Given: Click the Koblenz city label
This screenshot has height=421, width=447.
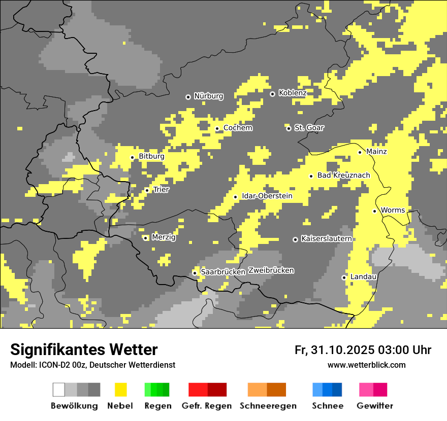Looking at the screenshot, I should (292, 93).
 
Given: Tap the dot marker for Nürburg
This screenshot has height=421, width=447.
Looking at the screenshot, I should (188, 96).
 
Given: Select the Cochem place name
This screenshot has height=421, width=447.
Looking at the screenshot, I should (238, 128).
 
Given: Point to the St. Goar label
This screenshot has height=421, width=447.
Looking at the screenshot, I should (309, 128).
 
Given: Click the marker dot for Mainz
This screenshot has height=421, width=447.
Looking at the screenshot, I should (360, 152).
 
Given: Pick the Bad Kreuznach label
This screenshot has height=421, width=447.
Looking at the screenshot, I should (343, 176).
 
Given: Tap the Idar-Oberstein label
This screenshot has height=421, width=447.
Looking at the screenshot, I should (267, 196).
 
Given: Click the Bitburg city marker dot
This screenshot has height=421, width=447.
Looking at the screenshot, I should (133, 157).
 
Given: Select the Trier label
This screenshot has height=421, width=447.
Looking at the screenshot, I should (161, 190).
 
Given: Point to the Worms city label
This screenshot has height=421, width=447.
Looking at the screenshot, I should (393, 210).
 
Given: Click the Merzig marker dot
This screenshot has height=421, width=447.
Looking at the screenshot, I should (145, 238).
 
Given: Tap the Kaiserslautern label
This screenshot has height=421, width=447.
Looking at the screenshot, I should (326, 238).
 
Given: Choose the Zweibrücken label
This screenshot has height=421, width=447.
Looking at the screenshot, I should (271, 270).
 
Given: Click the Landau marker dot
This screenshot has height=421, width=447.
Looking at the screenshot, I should (344, 277).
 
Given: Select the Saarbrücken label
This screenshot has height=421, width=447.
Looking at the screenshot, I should (223, 272).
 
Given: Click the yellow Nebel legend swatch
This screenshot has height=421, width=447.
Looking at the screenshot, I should (121, 390).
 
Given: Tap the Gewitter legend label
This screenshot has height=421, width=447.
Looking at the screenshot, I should (374, 406).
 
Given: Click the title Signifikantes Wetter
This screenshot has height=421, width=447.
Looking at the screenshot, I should (84, 349).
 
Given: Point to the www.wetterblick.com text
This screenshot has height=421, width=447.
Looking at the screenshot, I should (366, 365).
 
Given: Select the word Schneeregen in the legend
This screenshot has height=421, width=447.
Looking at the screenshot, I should (268, 406).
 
